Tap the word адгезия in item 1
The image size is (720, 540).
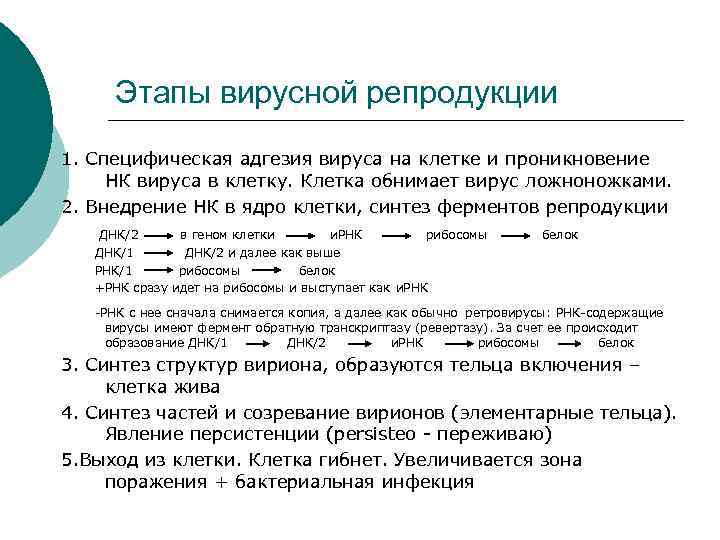coord(274,159)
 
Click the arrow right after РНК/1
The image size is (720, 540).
coord(150,270)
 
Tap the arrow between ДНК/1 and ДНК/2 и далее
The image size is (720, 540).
coord(157,252)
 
